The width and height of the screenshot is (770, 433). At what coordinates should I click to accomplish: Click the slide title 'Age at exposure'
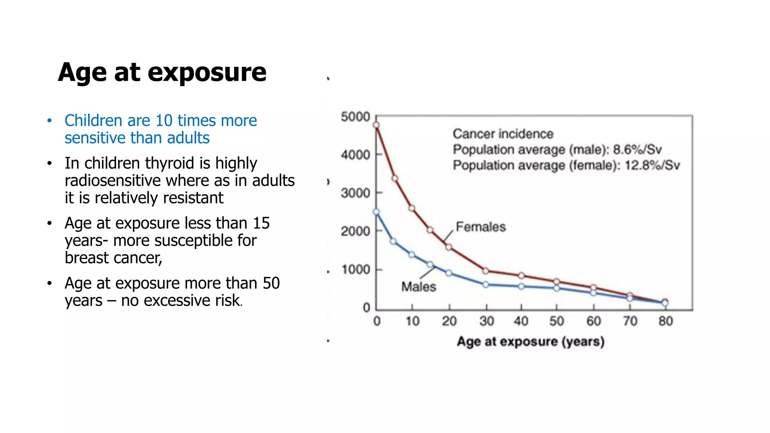pos(162,72)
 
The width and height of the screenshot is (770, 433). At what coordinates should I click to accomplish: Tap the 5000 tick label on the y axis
pos(355,117)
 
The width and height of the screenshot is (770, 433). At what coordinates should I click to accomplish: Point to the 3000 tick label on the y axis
pos(355,193)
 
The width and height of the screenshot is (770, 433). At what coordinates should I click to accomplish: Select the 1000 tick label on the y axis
pos(356,269)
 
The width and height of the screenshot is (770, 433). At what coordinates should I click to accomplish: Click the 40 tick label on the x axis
pos(521,321)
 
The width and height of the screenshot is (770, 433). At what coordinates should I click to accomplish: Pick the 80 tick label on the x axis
pos(665,321)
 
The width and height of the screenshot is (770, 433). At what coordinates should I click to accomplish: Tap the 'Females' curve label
pos(480,227)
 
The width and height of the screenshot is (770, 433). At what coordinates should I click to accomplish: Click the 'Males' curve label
pos(418,287)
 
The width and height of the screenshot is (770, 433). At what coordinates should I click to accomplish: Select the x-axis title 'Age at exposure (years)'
pos(531,341)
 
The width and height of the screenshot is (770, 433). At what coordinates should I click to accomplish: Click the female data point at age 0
pos(376,125)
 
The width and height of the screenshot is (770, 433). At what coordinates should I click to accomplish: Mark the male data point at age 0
pos(376,212)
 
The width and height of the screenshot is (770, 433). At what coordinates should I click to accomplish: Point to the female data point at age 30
pos(486,271)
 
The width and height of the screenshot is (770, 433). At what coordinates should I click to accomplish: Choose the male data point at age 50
pos(556,288)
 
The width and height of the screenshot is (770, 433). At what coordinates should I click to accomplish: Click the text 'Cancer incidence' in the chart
pos(503,134)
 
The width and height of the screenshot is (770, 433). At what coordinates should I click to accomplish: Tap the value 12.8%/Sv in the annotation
pos(652,165)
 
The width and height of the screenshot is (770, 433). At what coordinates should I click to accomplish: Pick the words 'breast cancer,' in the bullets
pos(114,258)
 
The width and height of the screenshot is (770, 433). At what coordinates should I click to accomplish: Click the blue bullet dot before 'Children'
pos(49,121)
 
